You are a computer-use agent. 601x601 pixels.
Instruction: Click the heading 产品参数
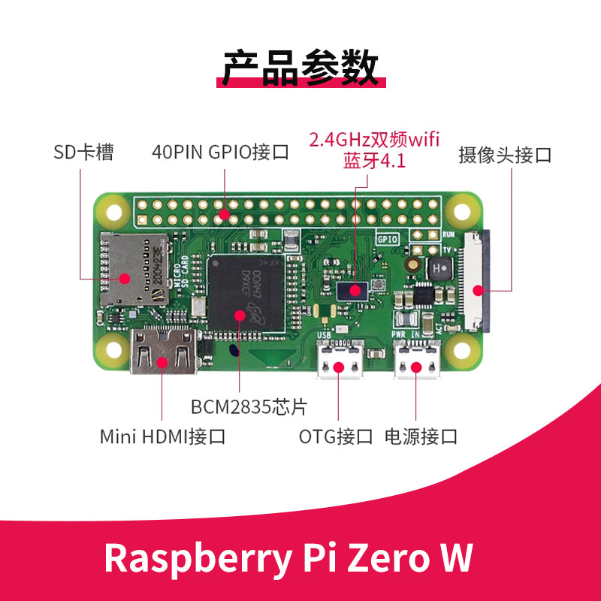click(300, 68)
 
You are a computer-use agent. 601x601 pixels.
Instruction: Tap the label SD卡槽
click(83, 153)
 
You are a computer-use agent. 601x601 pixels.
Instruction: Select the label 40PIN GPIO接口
click(220, 153)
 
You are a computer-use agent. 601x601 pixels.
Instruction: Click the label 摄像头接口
click(505, 156)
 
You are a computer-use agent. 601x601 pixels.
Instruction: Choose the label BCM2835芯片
click(249, 407)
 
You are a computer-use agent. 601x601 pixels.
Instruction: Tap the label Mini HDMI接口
click(162, 436)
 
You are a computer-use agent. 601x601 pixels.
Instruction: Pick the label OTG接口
click(336, 436)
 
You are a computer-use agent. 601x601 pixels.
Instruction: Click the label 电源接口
click(421, 436)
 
